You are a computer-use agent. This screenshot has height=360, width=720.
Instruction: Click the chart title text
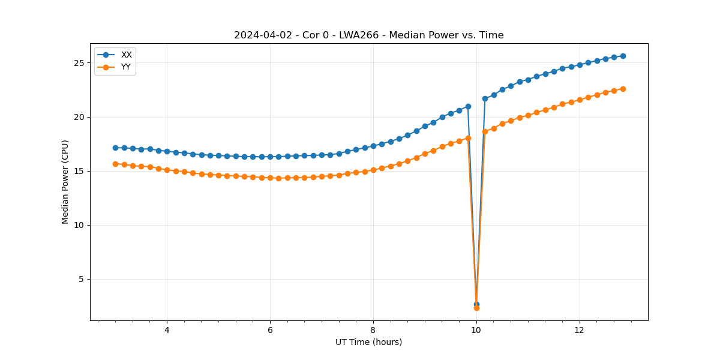(368, 35)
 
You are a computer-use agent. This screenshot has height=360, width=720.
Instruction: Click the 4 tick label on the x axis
(167, 330)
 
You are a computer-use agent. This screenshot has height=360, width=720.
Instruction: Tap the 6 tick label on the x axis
(270, 330)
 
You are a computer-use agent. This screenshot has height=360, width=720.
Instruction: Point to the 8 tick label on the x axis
(373, 330)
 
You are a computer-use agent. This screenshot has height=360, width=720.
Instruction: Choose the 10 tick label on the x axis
(476, 330)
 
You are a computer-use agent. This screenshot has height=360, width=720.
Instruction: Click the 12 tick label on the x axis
(580, 330)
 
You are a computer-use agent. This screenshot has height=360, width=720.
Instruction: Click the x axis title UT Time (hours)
(368, 342)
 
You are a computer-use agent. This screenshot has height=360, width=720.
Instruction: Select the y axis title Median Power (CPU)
(65, 182)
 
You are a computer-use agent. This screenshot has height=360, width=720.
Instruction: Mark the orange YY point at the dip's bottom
(476, 308)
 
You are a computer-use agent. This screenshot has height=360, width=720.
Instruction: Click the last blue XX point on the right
(623, 56)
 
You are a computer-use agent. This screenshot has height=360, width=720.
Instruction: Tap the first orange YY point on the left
(115, 164)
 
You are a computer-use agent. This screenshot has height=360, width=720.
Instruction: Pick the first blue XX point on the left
(115, 148)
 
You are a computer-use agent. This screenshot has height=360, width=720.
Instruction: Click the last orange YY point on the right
(623, 89)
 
